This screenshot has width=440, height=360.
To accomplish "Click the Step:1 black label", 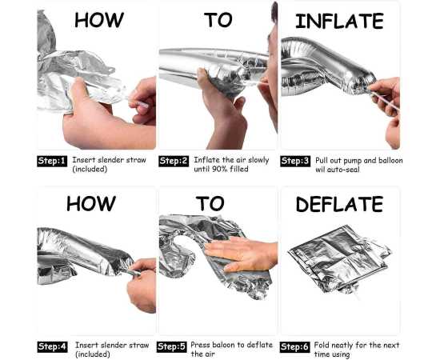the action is click(52, 161).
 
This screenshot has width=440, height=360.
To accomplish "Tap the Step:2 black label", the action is click(174, 161).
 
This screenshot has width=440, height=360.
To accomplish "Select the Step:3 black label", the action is click(295, 161).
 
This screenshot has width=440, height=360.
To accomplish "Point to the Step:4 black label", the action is click(52, 347).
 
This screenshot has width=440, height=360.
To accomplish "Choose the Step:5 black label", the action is click(171, 347).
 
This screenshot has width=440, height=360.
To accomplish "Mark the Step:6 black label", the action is click(294, 347).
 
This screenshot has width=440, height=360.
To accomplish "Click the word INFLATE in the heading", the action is click(339, 21).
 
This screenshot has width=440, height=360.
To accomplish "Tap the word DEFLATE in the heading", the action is click(339, 204).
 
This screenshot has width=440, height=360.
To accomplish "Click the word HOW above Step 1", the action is click(99, 20).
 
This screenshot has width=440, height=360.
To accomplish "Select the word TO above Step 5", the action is click(210, 203).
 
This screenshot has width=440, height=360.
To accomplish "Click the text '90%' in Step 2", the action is click(219, 169).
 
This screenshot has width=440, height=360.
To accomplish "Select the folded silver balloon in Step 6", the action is click(340, 259).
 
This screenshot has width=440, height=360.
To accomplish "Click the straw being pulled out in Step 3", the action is click(385, 101).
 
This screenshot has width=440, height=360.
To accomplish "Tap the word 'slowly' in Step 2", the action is click(258, 160).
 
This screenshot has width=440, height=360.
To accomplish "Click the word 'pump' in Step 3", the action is click(353, 161).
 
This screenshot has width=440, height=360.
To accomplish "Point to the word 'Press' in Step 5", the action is click(200, 345).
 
